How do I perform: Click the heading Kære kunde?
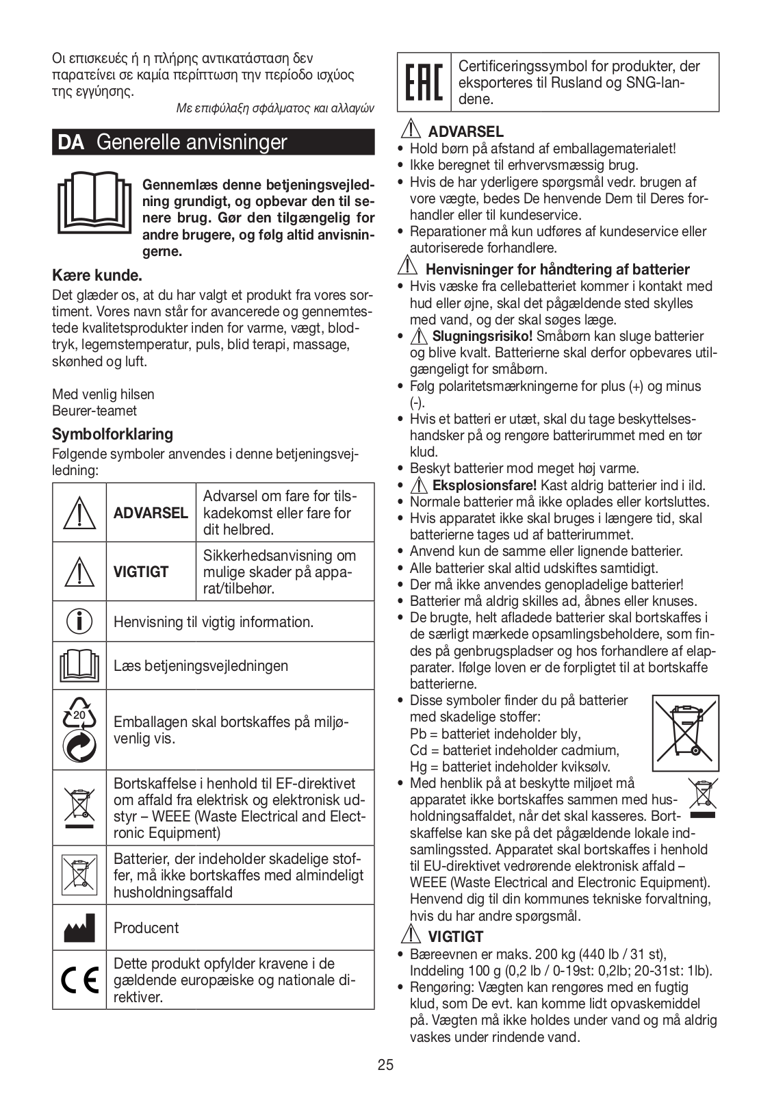pyautogui.click(x=97, y=276)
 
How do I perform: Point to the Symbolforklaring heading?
pyautogui.click(x=112, y=434)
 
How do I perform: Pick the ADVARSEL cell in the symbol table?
pyautogui.click(x=151, y=513)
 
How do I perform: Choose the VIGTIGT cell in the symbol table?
pyautogui.click(x=141, y=572)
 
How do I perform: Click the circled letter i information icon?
pyautogui.click(x=79, y=621)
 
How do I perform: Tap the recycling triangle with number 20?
pyautogui.click(x=79, y=715)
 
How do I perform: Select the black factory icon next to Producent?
pyautogui.click(x=79, y=928)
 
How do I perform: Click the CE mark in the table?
pyautogui.click(x=79, y=980)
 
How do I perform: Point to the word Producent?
pyautogui.click(x=146, y=928)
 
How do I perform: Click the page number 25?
pyautogui.click(x=385, y=1065)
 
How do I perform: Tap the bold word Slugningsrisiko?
pyautogui.click(x=483, y=336)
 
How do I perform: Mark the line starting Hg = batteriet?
pyautogui.click(x=509, y=767)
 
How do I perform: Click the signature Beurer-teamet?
pyautogui.click(x=94, y=411)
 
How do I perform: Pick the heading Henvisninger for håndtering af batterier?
pyautogui.click(x=557, y=269)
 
